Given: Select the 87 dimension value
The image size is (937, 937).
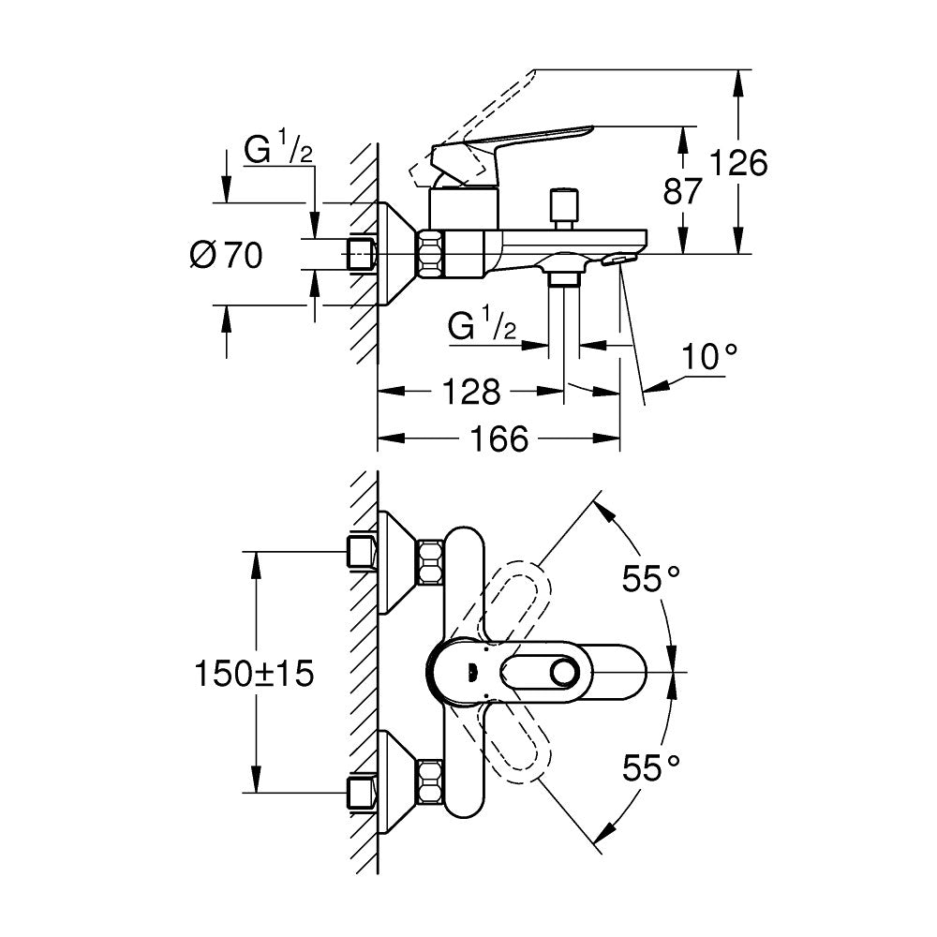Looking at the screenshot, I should [683, 192].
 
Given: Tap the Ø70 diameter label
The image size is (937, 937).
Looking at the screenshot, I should [226, 255].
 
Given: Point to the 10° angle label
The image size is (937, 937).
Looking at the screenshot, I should [708, 356].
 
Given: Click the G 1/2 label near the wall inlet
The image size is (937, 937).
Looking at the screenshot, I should [278, 150].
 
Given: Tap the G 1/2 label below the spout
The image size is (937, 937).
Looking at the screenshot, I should [483, 327].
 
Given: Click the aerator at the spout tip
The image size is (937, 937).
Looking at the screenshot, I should [619, 258].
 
